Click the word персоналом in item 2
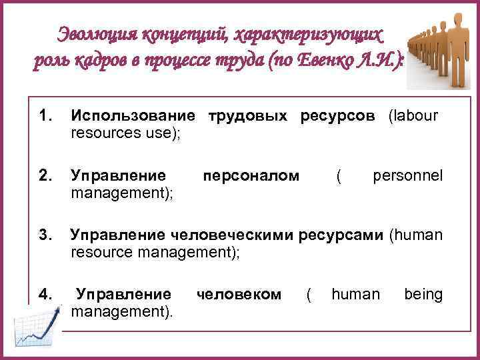250,176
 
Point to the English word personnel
407,176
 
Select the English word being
423,294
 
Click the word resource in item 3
100,253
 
